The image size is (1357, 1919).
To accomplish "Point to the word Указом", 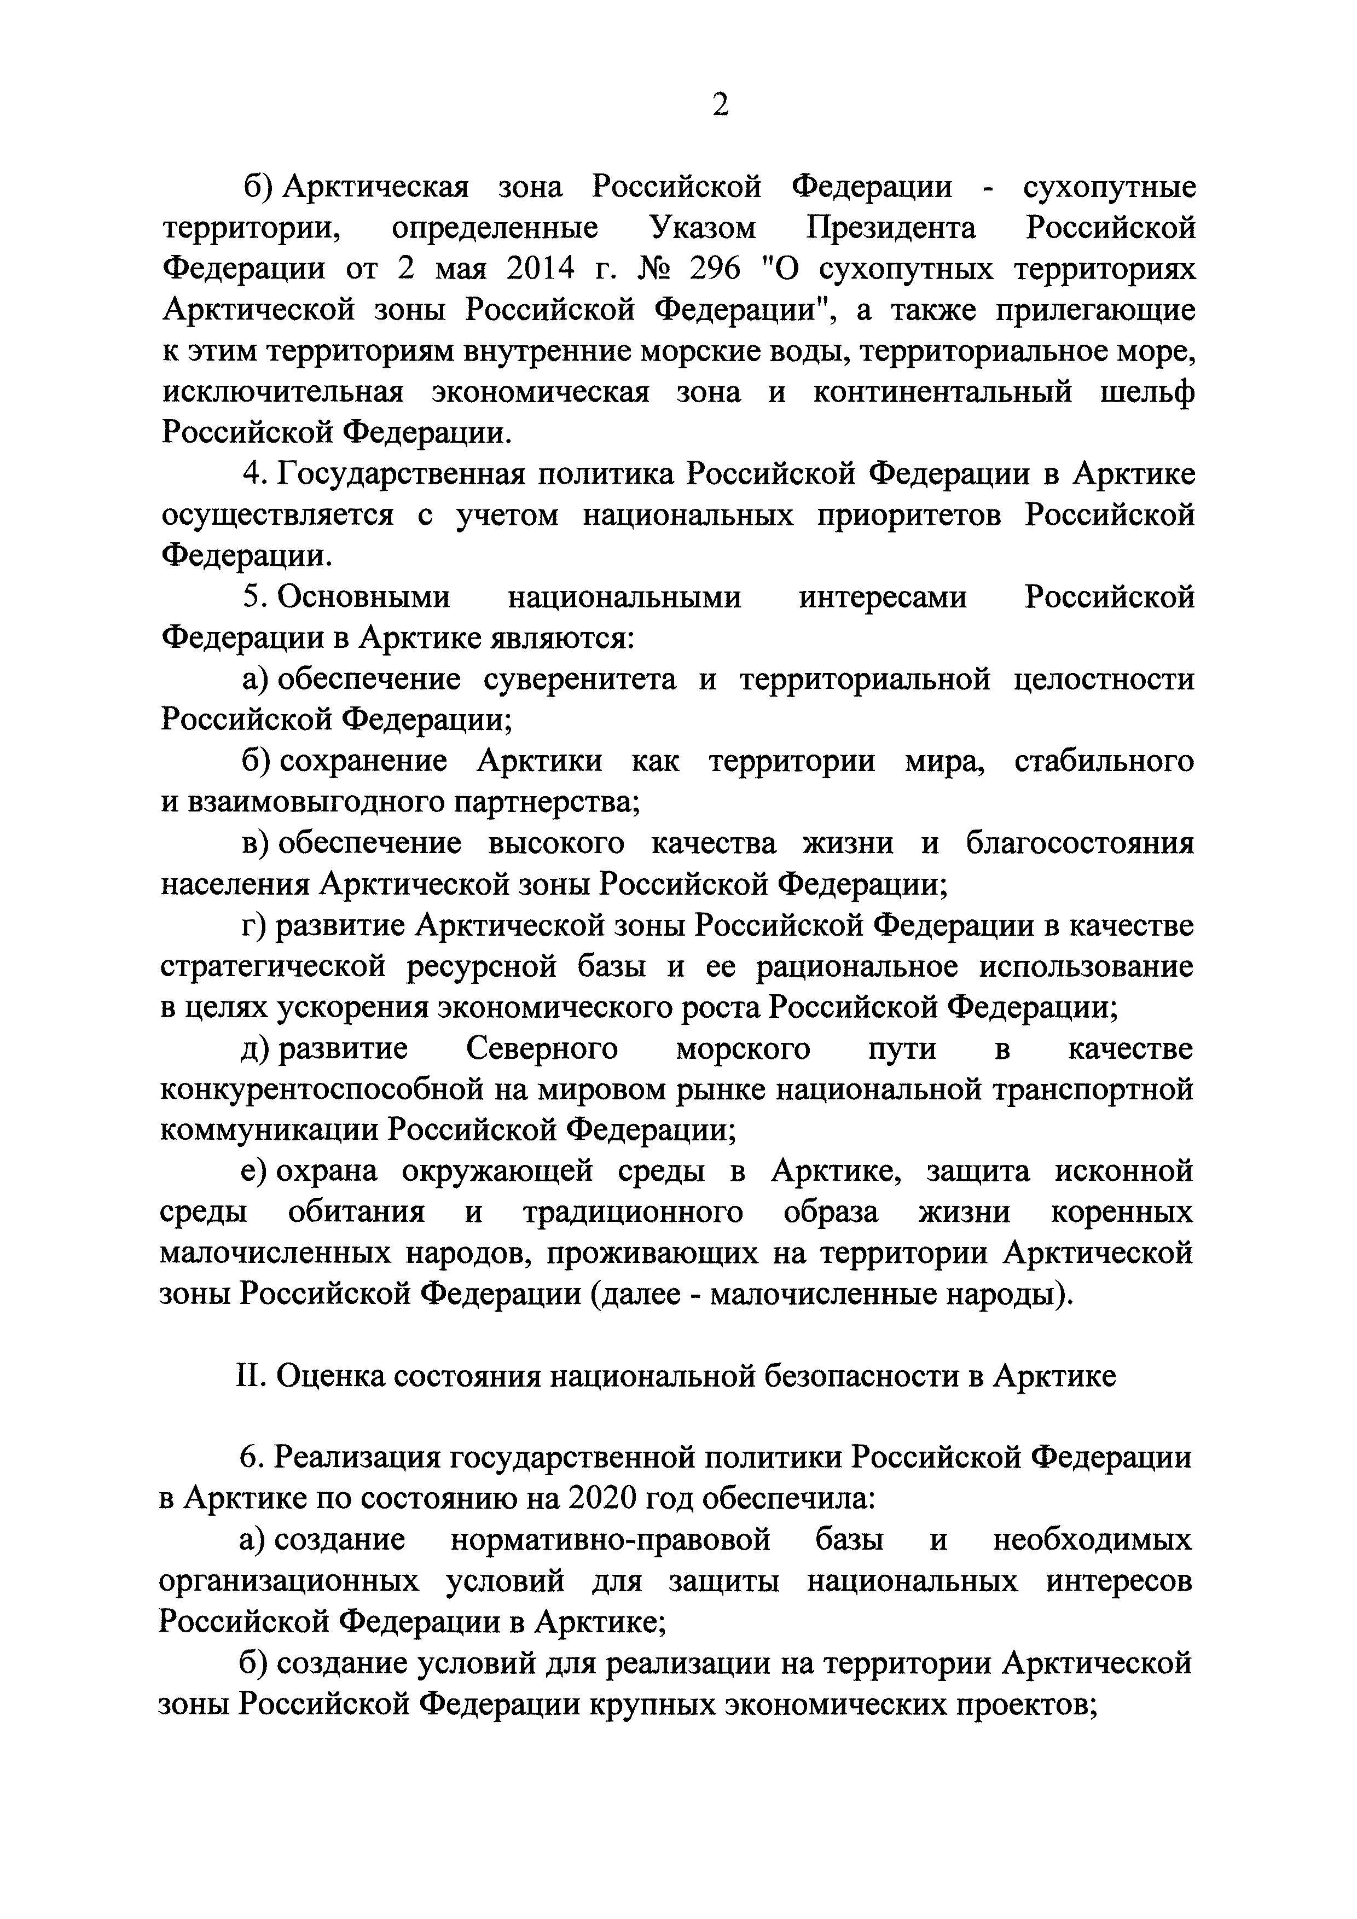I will pos(702,228).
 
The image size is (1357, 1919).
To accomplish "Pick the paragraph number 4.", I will pos(252,474).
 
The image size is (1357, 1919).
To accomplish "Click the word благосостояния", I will pos(1080,843).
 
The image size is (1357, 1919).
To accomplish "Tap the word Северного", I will pos(542,1048).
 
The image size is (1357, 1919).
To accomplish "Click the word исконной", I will pos(1124,1172).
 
